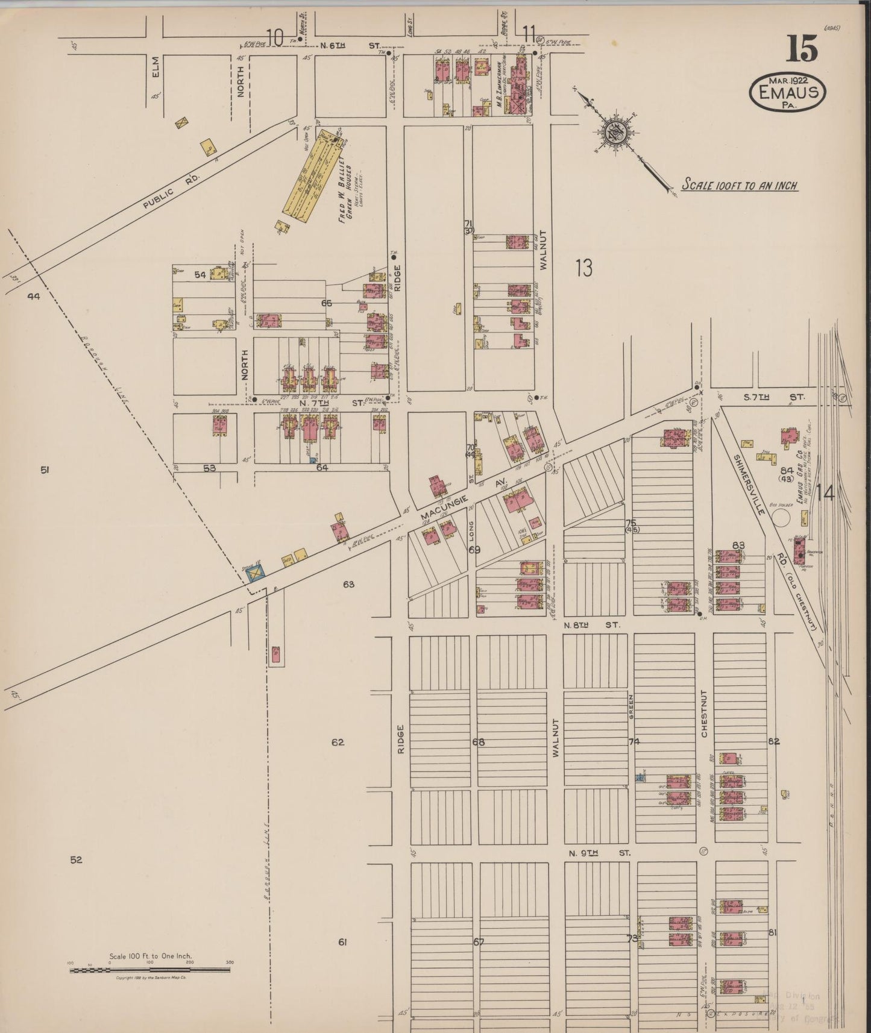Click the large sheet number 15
coord(801,49)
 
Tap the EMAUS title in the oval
coord(787,92)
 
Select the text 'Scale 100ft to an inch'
coord(739,185)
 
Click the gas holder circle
coord(783,517)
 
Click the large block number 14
coord(825,494)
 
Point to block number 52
coord(75,860)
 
